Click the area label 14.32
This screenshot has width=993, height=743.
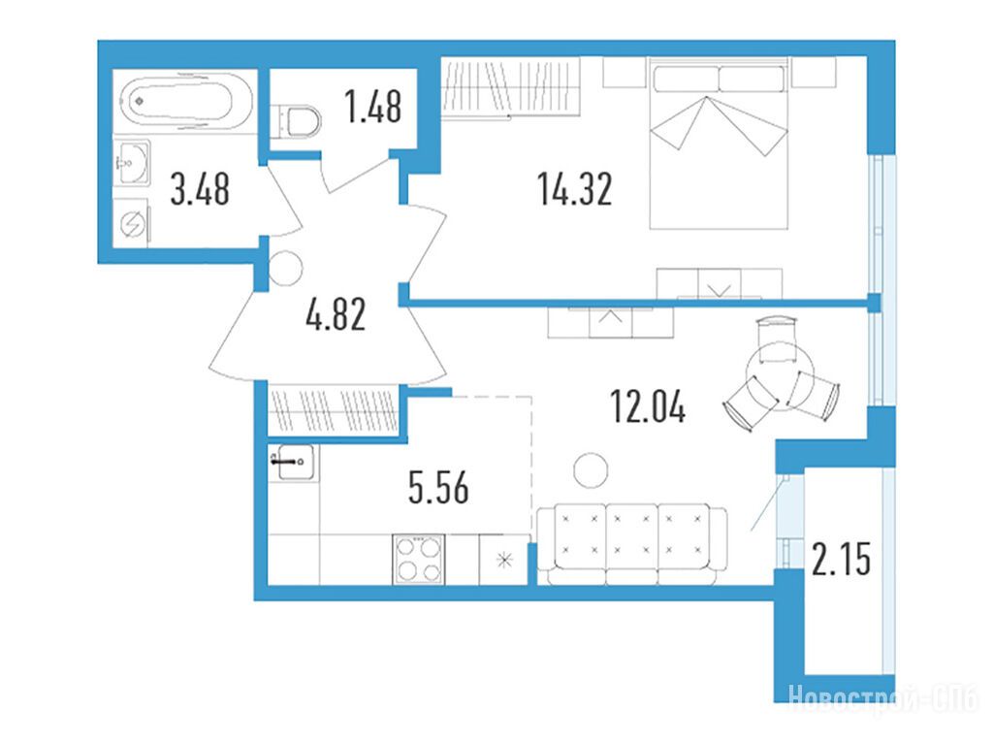(x=574, y=189)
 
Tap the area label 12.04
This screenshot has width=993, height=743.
(x=648, y=406)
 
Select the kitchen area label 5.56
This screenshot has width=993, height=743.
(x=439, y=488)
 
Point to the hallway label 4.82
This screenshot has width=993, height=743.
(x=336, y=315)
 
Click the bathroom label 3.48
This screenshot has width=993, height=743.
(x=200, y=189)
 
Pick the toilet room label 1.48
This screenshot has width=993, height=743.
(x=373, y=107)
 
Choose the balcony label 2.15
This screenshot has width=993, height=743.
(x=842, y=559)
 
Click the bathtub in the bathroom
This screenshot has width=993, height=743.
(x=176, y=100)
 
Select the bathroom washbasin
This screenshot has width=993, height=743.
(x=133, y=162)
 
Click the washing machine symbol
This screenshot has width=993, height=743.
(x=132, y=223)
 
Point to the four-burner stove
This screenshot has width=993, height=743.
(x=419, y=560)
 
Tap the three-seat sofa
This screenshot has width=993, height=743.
(x=632, y=545)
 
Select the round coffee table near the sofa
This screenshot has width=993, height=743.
(x=591, y=471)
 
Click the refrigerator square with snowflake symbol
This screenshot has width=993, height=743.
(x=504, y=560)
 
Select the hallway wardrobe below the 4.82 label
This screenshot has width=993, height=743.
(x=334, y=410)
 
